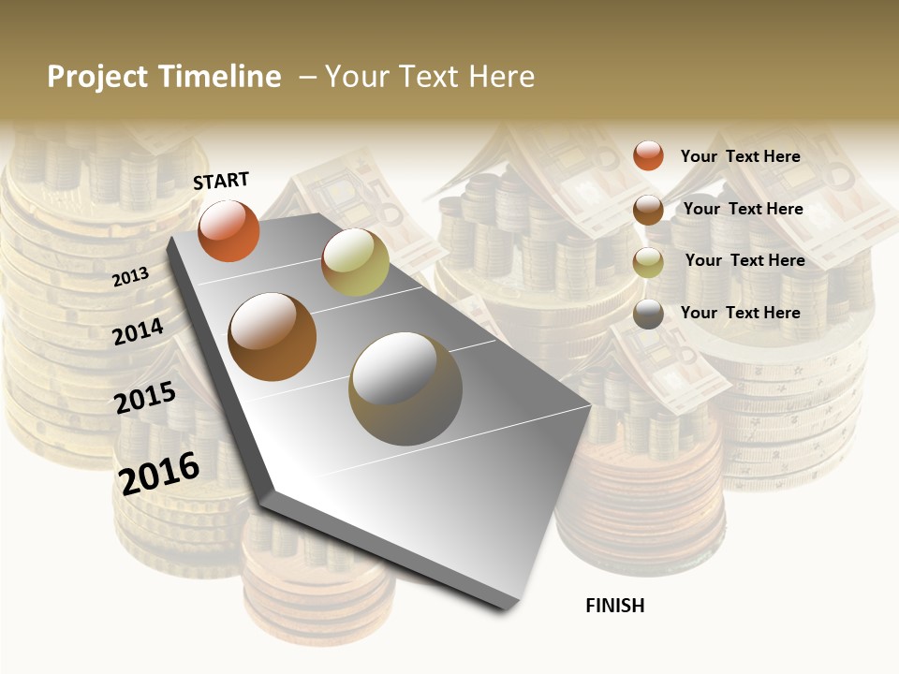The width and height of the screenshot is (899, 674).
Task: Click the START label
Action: click(221, 181)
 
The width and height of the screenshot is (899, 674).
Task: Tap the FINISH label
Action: click(615, 606)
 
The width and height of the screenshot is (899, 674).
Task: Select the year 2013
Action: click(131, 276)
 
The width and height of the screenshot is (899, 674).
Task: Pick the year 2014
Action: click(139, 331)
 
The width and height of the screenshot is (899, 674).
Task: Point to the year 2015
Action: click(145, 398)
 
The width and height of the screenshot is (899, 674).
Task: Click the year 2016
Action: click(159, 473)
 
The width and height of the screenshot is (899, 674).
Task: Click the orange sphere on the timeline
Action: click(228, 231)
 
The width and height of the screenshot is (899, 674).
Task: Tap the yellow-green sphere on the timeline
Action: click(355, 262)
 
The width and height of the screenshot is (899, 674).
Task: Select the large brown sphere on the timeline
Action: click(273, 337)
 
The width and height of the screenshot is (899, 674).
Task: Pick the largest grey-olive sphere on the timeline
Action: click(405, 388)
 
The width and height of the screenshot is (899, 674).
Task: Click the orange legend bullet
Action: click(648, 155)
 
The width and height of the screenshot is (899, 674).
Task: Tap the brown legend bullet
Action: click(648, 210)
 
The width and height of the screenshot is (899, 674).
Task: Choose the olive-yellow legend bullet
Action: click(648, 262)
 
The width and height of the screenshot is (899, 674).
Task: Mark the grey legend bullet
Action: click(648, 314)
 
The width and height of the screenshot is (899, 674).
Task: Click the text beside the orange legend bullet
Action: click(740, 156)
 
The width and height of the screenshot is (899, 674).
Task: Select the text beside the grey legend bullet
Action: click(740, 313)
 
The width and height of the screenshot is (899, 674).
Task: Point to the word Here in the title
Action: click(501, 77)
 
